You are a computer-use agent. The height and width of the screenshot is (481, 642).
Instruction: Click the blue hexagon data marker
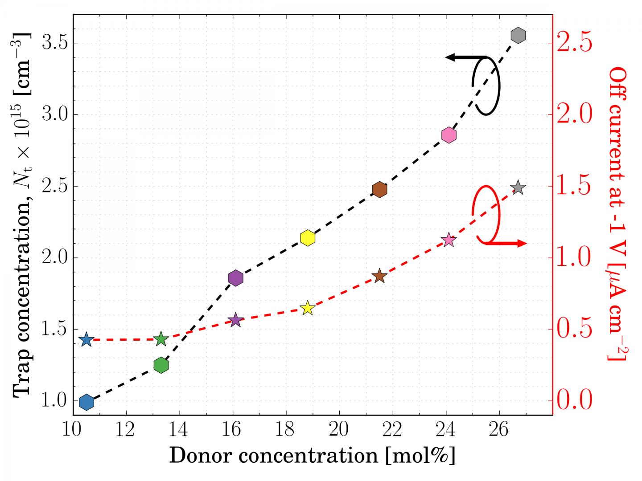86,402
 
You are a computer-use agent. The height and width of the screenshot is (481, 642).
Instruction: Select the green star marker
161,340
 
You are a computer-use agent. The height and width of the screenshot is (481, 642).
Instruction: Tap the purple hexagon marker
235,278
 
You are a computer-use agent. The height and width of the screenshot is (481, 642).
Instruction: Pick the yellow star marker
307,308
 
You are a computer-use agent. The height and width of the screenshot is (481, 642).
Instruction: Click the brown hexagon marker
379,190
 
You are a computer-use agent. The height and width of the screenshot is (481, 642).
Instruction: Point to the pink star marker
449,240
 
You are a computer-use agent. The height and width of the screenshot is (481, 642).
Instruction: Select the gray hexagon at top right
518,35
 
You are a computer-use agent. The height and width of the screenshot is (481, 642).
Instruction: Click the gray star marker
518,188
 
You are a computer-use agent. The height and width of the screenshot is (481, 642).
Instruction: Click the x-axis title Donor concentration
312,456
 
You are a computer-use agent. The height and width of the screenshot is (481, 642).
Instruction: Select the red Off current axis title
618,214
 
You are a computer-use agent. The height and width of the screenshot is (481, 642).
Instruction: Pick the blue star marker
86,340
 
